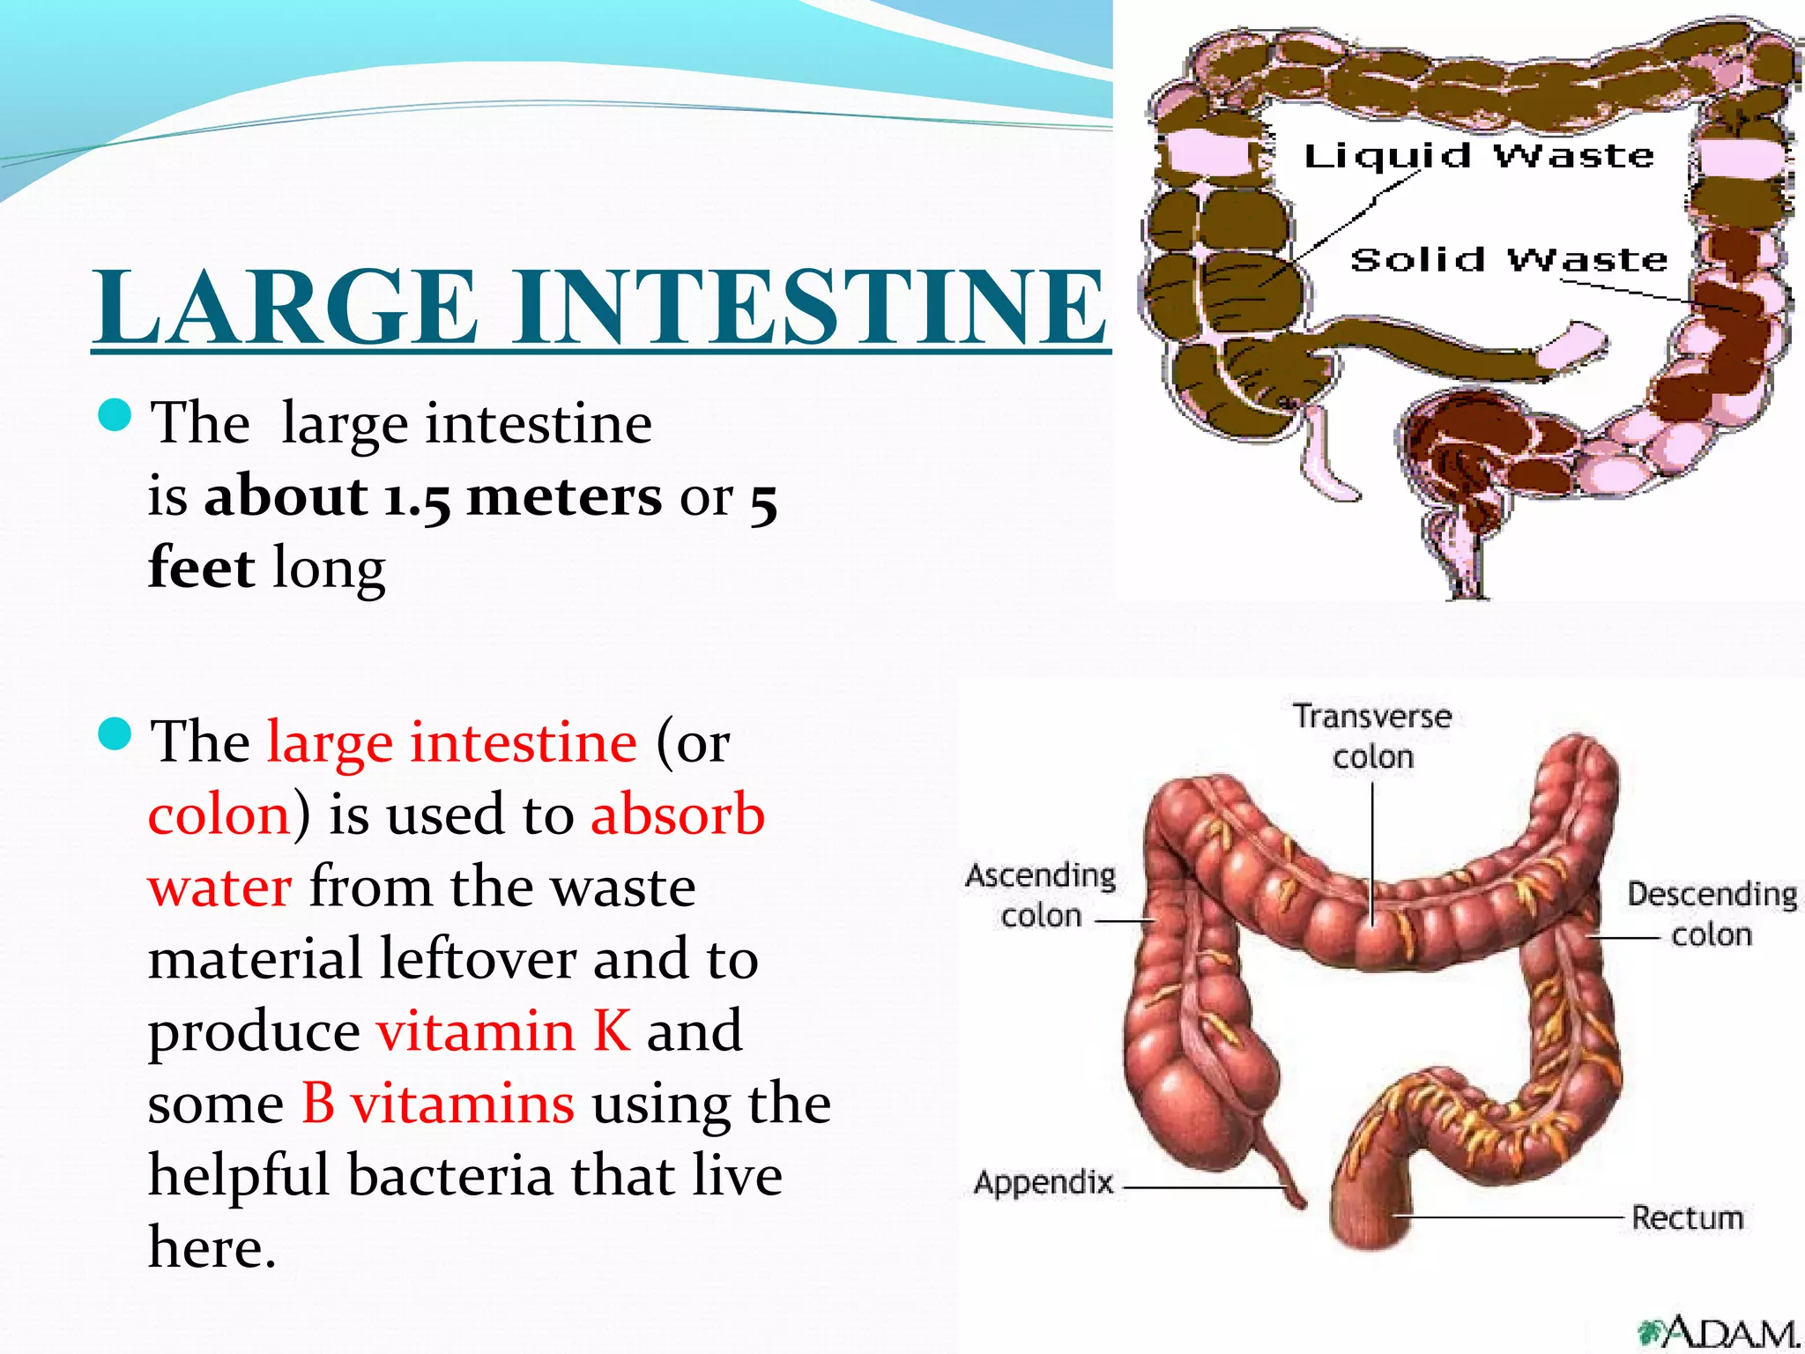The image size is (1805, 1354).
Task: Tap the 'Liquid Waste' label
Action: click(x=1479, y=157)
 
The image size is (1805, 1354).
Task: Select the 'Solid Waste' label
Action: click(x=1509, y=260)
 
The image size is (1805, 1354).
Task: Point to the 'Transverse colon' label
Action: click(x=1372, y=736)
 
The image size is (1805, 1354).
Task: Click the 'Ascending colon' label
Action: click(x=1041, y=895)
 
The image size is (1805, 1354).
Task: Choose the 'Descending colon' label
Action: click(x=1712, y=914)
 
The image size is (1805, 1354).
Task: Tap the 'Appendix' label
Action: click(x=1044, y=1182)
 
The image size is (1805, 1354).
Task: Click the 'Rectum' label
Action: click(x=1687, y=1217)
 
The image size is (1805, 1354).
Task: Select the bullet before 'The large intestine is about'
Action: click(x=115, y=415)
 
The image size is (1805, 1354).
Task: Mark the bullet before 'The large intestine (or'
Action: click(x=115, y=733)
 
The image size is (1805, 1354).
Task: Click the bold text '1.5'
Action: click(x=417, y=497)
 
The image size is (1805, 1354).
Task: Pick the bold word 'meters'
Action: click(x=564, y=497)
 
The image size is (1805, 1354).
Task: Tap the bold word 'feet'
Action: click(x=202, y=567)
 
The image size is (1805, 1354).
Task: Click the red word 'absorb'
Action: click(x=677, y=815)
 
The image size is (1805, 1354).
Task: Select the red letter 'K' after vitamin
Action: click(x=612, y=1030)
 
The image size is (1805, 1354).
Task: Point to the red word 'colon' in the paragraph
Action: click(x=219, y=815)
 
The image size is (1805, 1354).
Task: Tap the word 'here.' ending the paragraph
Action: click(x=212, y=1247)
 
